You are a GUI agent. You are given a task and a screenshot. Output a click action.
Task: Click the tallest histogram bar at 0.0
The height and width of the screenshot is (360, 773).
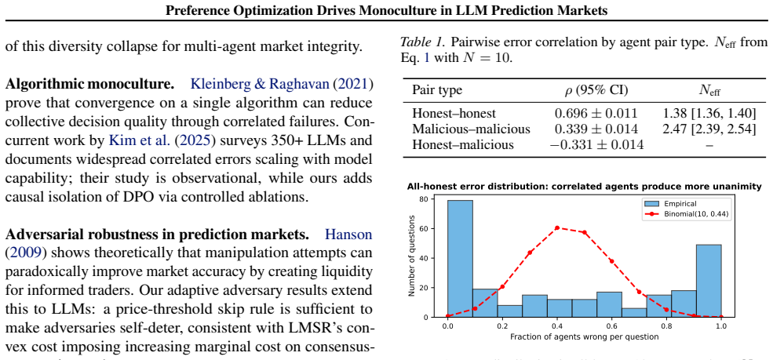459,259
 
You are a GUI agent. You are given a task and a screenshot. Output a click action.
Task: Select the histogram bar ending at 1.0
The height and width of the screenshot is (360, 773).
709,281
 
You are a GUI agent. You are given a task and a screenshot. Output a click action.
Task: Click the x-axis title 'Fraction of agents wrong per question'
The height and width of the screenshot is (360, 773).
584,337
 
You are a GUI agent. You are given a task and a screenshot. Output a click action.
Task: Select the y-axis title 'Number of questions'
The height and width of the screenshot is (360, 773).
412,256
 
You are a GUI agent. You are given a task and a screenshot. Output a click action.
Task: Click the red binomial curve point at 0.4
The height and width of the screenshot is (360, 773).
556,227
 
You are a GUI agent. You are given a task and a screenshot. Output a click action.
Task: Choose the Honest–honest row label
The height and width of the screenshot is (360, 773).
454,113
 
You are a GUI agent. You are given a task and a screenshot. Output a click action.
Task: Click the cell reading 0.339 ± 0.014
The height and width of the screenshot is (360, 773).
596,129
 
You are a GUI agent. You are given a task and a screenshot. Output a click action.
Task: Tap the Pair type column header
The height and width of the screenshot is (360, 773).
437,90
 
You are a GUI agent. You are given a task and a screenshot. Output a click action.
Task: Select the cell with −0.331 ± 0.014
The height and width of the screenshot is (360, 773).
596,145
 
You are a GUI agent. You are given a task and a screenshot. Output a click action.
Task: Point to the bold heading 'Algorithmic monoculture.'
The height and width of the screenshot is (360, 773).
89,84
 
